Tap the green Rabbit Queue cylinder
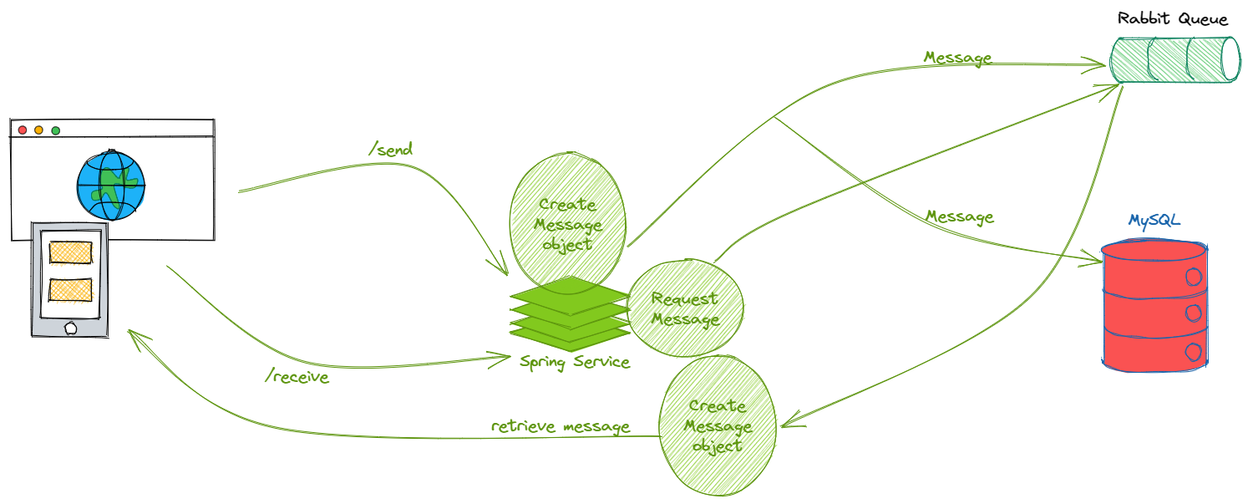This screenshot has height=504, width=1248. point(1174,59)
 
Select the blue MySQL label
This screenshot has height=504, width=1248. point(1154,221)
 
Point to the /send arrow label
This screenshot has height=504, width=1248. point(390,150)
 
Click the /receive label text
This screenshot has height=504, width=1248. point(297,377)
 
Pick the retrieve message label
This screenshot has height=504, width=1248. point(560,426)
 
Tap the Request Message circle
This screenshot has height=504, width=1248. point(685,308)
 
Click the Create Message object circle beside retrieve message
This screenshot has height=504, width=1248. point(718,425)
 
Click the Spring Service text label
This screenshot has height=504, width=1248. point(574,362)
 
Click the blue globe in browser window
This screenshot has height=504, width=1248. point(110,186)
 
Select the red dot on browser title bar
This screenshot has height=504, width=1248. point(23,130)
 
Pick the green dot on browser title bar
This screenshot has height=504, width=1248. point(56,130)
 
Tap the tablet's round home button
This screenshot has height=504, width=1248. point(70,328)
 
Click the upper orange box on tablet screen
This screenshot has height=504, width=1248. point(70,252)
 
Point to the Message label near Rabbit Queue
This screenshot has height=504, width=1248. point(957,58)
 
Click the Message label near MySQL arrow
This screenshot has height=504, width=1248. point(959,216)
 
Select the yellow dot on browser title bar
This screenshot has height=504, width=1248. point(38,130)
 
